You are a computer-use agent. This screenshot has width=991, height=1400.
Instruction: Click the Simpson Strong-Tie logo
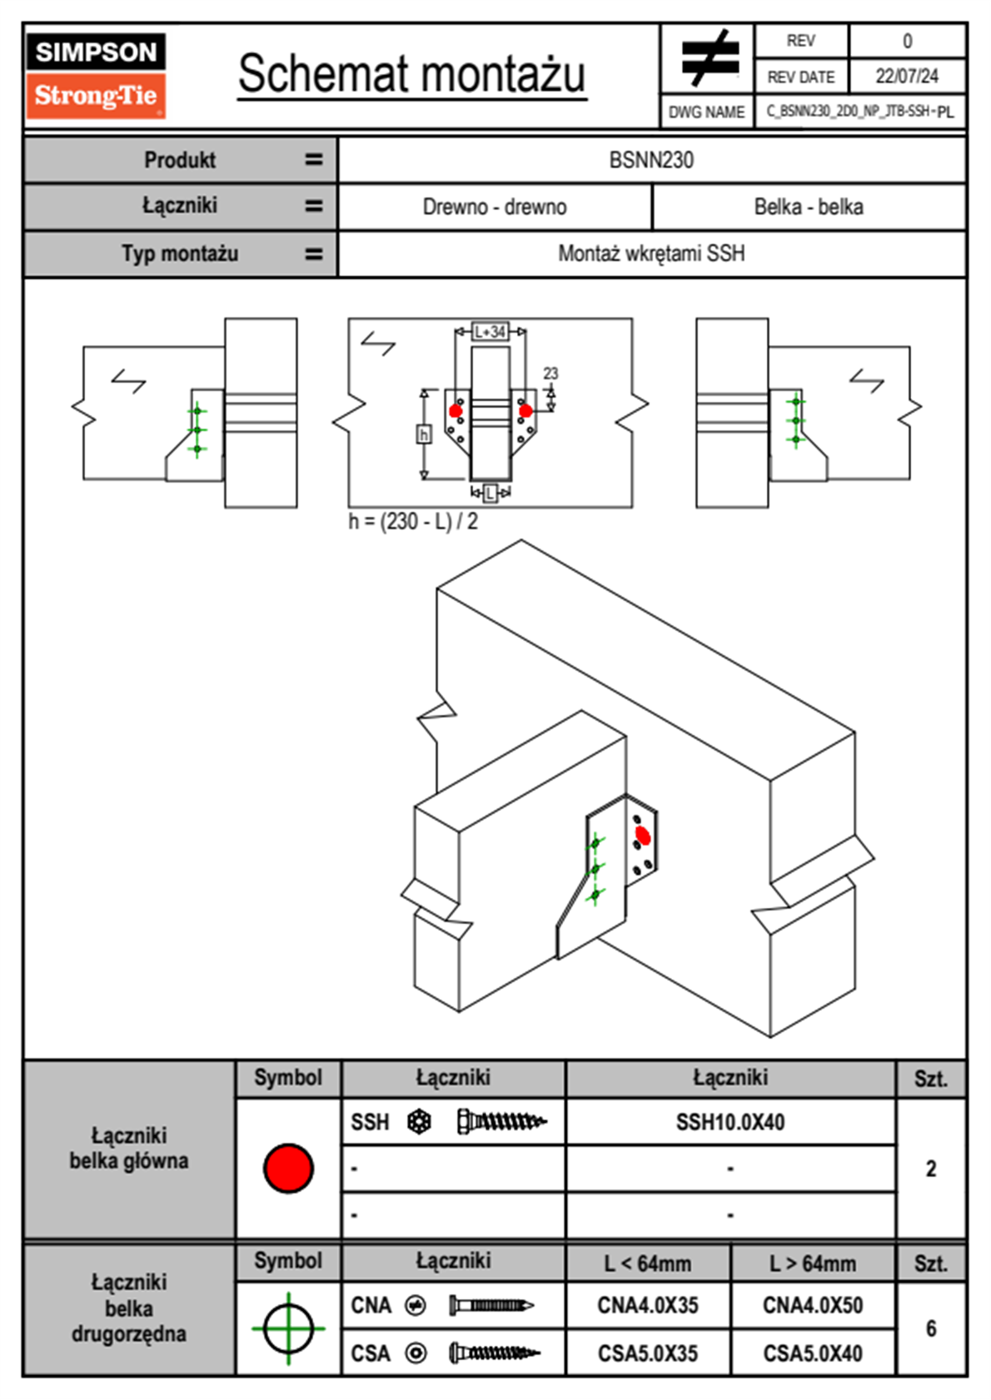96,75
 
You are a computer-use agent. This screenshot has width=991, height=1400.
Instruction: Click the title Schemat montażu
411,75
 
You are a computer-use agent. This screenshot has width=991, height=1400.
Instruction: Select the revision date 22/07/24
906,77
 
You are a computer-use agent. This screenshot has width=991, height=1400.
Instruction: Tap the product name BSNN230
651,160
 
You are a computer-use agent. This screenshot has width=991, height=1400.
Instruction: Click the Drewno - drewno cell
495,207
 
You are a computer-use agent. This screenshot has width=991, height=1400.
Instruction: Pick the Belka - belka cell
808,207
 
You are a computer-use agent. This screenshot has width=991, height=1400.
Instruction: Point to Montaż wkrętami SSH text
651,253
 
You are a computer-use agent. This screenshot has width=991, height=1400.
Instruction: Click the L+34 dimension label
490,331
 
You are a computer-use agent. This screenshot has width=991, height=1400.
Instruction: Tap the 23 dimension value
550,374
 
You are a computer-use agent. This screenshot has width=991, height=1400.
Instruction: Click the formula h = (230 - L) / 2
413,522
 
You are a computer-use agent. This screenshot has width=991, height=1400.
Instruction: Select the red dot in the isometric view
642,835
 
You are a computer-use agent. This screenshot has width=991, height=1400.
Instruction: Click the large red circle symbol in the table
288,1168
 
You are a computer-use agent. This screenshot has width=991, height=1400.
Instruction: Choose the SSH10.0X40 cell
730,1122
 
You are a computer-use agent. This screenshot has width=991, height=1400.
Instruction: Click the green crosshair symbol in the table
288,1328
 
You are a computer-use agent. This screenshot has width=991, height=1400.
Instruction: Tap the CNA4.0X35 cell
648,1305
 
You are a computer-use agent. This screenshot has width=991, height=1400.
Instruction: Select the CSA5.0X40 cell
813,1353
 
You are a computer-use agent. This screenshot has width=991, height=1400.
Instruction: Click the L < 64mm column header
648,1263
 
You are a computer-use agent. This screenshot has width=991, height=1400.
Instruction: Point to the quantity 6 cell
931,1328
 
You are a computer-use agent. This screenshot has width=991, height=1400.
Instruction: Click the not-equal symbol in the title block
709,58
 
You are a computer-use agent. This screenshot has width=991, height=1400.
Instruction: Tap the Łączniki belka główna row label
129,1149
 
